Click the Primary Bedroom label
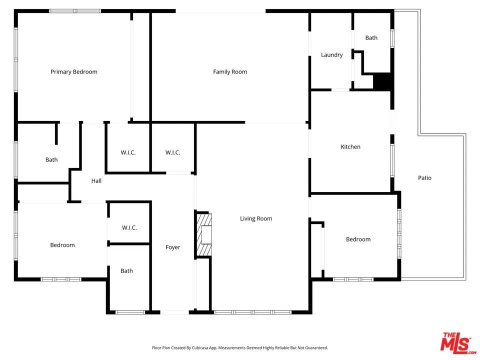tap(74, 72)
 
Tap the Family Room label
tap(230, 72)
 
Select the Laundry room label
tap(331, 55)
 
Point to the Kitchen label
tap(350, 147)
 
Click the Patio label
tap(424, 178)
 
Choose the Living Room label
tap(256, 218)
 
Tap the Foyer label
tap(173, 247)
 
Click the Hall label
tap(96, 181)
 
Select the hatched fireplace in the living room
tap(203, 234)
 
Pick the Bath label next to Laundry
tap(371, 38)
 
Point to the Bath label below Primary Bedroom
tap(51, 160)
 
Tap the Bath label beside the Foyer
tap(126, 271)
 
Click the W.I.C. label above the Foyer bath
tap(129, 228)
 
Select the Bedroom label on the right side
tap(358, 239)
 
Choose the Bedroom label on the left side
tap(62, 245)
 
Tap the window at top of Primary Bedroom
tap(75, 11)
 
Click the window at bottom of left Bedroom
tap(60, 279)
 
